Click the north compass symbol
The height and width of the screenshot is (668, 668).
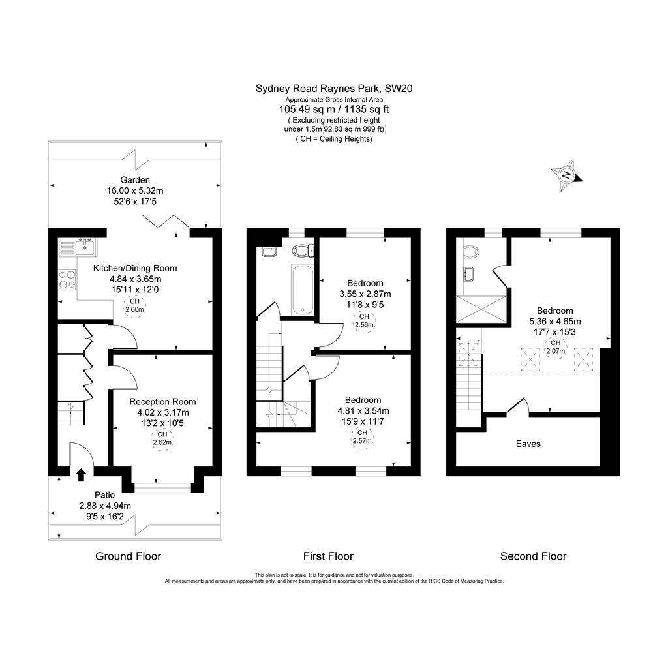(x=567, y=174)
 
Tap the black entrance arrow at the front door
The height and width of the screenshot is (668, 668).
(x=81, y=474)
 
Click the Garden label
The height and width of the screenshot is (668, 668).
(x=135, y=180)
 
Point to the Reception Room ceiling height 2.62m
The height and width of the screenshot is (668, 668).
(x=162, y=438)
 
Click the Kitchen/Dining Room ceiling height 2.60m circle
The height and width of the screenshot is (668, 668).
(x=135, y=305)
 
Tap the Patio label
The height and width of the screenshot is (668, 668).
(x=105, y=495)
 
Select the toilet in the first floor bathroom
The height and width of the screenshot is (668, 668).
(x=303, y=250)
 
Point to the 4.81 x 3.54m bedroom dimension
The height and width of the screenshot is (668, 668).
(x=363, y=411)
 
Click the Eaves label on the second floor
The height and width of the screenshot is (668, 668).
(x=528, y=444)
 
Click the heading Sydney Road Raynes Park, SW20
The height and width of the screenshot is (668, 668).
(x=335, y=88)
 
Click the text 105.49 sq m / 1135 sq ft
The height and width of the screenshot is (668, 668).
(x=335, y=109)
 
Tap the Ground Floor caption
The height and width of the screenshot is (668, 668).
(x=128, y=556)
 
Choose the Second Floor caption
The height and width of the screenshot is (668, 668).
(x=533, y=556)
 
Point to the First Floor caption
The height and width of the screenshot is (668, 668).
(x=328, y=556)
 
